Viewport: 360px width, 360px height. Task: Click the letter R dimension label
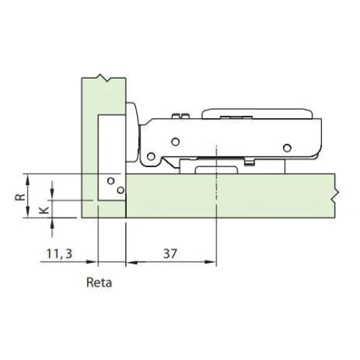point(20,197)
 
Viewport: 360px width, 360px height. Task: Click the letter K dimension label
point(44,210)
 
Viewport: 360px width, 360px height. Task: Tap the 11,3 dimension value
point(59,254)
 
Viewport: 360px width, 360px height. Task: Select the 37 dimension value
point(170,253)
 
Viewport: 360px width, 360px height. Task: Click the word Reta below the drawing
point(99,282)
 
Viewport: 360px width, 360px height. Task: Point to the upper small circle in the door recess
point(111,181)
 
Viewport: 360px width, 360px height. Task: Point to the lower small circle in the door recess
point(121,190)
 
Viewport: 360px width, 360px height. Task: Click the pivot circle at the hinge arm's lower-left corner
point(150,157)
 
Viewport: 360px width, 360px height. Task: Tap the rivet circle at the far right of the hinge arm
point(287,148)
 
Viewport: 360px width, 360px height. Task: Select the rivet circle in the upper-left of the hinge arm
point(176,142)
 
